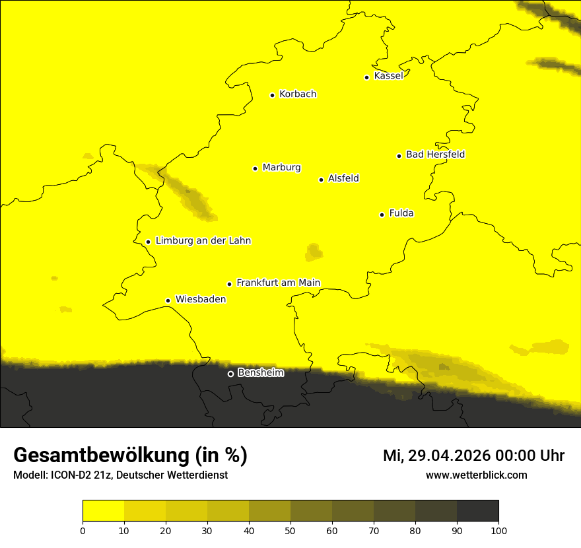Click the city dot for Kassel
click(366, 77)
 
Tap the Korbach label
click(298, 94)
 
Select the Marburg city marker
click(255, 168)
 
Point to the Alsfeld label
click(343, 179)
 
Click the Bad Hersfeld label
click(435, 155)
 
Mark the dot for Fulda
click(382, 215)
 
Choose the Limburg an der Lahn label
click(203, 241)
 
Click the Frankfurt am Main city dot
click(229, 284)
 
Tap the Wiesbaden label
click(201, 300)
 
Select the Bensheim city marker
click(230, 374)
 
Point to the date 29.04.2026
click(446, 456)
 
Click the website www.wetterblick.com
click(476, 475)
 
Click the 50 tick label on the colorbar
click(290, 530)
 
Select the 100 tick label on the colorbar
click(498, 530)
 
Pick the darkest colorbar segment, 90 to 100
click(477, 511)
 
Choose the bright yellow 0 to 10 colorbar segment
click(103, 511)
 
